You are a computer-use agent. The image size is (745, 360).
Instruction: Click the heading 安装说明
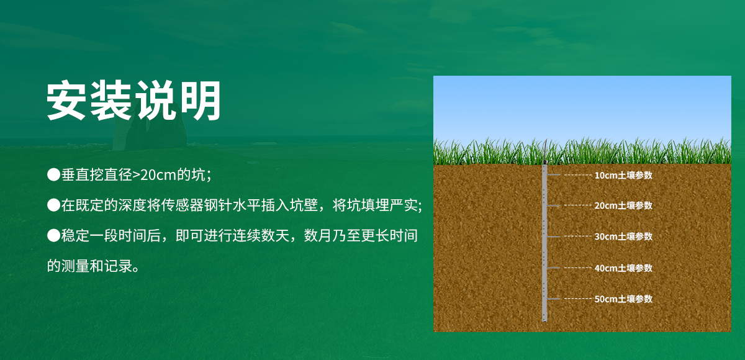(x=134, y=101)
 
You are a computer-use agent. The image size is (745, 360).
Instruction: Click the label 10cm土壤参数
(x=623, y=176)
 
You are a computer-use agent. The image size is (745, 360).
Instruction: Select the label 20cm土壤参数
(x=623, y=205)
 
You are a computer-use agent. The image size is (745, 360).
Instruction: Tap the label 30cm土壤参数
(x=623, y=236)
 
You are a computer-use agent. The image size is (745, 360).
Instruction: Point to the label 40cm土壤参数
(x=623, y=268)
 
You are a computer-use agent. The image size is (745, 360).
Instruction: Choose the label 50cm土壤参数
(x=623, y=299)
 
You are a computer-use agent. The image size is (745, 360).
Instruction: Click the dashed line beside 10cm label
(x=577, y=176)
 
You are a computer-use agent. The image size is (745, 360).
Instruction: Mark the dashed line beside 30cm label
(x=577, y=236)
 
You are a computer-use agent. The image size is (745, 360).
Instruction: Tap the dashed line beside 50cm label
(x=577, y=299)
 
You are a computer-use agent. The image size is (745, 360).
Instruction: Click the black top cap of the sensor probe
(x=544, y=163)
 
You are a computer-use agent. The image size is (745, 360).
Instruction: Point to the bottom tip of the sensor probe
(x=544, y=320)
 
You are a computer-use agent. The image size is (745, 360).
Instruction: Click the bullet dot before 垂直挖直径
(x=53, y=174)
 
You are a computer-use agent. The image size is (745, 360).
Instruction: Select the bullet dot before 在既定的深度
(x=53, y=205)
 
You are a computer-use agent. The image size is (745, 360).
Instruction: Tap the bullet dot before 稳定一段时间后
(x=53, y=236)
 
